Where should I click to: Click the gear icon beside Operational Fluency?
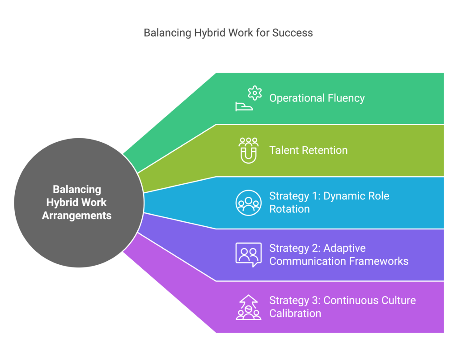point(254,93)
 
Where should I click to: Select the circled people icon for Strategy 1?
point(249,203)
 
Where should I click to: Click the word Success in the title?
point(293,33)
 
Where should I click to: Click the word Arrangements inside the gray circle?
point(77,216)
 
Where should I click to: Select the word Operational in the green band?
point(297,98)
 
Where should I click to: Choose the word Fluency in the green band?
point(347,98)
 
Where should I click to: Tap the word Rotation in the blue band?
point(289,209)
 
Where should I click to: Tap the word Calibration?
point(295,313)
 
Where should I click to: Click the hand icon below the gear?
point(244,106)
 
